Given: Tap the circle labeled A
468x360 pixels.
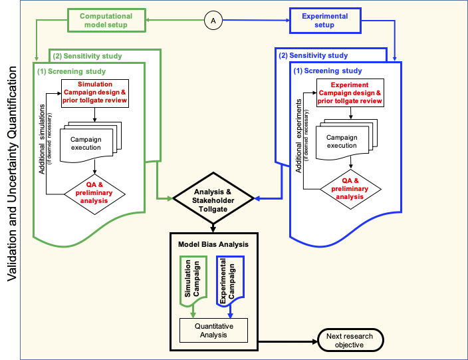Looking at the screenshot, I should point(213,21).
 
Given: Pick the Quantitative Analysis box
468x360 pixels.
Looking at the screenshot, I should point(213,330).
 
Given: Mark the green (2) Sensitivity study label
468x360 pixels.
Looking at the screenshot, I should point(87,55).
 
